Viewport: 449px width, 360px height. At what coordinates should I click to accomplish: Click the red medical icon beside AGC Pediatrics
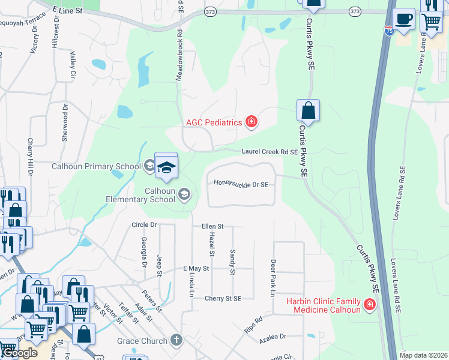252,122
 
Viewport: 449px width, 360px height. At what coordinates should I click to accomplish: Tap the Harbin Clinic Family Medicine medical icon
370,305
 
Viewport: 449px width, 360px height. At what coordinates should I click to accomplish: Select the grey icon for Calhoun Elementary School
185,194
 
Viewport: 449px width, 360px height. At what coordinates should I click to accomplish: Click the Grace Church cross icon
176,341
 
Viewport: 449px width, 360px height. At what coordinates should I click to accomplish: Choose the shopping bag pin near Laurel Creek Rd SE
308,111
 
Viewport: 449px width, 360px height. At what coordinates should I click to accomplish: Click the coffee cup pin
404,19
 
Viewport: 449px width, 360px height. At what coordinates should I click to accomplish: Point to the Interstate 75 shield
390,31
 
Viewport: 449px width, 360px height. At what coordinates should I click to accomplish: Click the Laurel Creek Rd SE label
270,152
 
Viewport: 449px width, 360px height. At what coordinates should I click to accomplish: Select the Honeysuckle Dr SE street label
241,184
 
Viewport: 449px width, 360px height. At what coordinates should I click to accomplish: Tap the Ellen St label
212,226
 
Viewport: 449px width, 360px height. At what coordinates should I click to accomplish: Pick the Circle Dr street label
143,225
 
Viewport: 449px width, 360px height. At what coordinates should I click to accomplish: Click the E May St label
195,268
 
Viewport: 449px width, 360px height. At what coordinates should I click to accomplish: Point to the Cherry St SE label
223,298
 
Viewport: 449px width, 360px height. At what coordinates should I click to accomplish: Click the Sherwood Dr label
65,122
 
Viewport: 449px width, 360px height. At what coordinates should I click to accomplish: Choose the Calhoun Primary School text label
96,166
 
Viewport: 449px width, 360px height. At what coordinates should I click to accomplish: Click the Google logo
19,353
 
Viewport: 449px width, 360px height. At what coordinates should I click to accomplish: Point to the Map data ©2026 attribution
423,355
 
